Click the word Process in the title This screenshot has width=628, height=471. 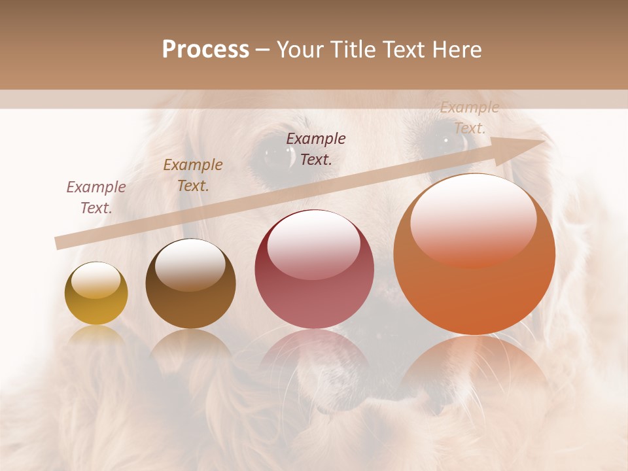click(x=205, y=50)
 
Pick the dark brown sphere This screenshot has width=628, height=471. click(x=190, y=284)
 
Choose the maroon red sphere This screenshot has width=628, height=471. click(x=314, y=270)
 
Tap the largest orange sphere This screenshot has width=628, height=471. click(x=474, y=254)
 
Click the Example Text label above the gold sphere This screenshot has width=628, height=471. click(x=96, y=198)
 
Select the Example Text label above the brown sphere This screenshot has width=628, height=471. click(x=193, y=175)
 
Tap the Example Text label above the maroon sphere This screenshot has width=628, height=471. click(x=316, y=148)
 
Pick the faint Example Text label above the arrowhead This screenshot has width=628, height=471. click(x=469, y=118)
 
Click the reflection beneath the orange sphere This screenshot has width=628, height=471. click(x=474, y=366)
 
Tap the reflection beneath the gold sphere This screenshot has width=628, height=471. click(x=96, y=337)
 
